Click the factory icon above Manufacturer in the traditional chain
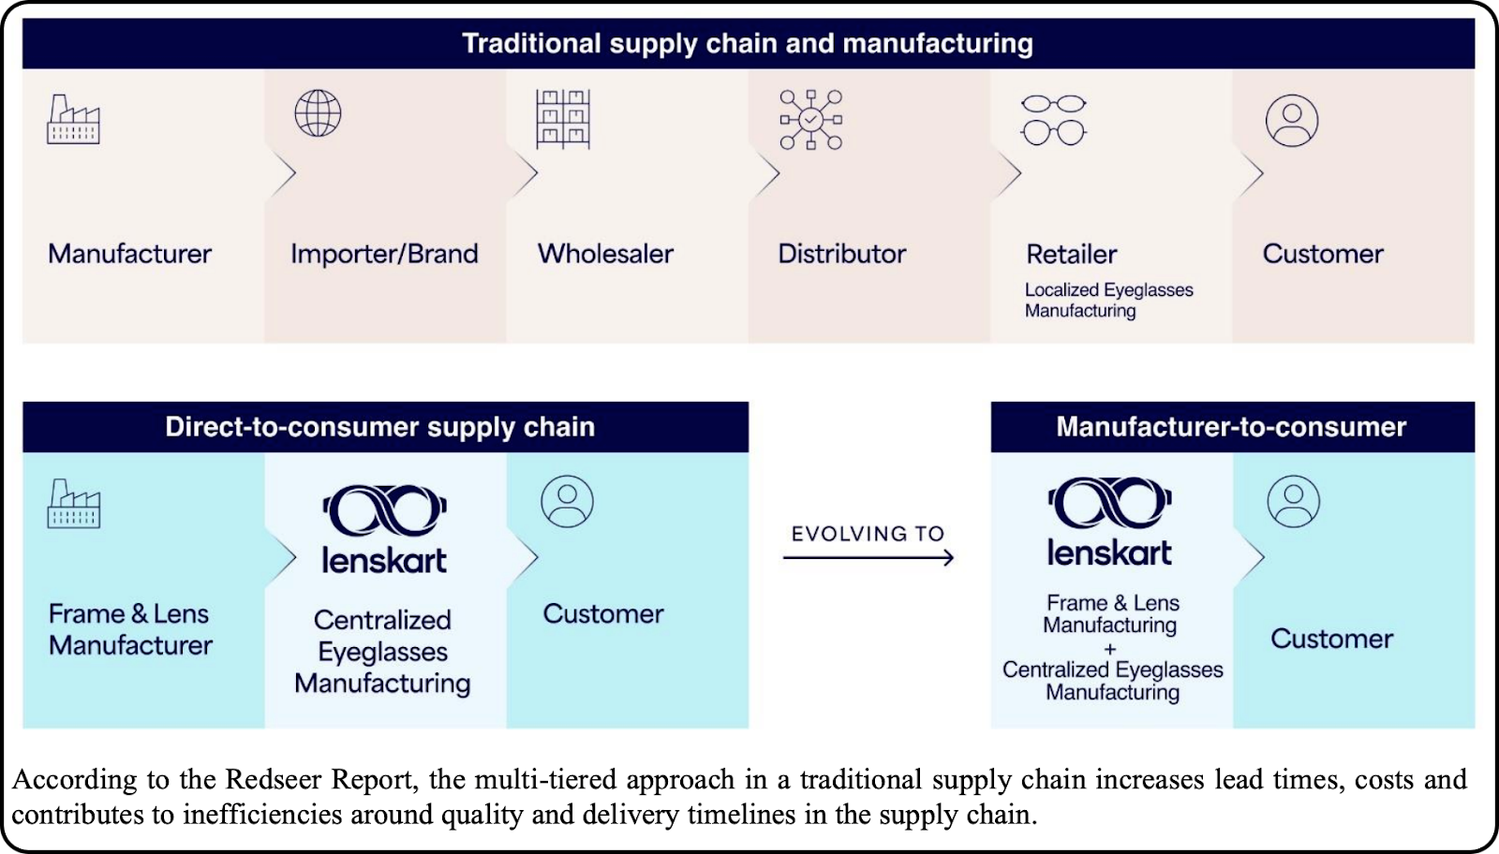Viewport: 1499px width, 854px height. pyautogui.click(x=73, y=119)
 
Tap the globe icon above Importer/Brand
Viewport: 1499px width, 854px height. pyautogui.click(x=318, y=113)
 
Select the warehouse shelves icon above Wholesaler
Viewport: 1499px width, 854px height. pyautogui.click(x=562, y=119)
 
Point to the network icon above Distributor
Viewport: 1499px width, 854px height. pyautogui.click(x=811, y=120)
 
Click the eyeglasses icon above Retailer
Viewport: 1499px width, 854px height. pyautogui.click(x=1054, y=119)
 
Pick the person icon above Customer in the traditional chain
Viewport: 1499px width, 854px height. pyautogui.click(x=1292, y=120)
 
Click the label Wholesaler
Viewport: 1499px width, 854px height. pyautogui.click(x=605, y=254)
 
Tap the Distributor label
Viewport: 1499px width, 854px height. pyautogui.click(x=841, y=254)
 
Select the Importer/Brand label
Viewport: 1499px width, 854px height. pyautogui.click(x=384, y=254)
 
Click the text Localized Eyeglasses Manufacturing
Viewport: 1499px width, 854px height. pyautogui.click(x=1108, y=300)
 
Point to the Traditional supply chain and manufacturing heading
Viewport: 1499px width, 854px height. pyautogui.click(x=748, y=44)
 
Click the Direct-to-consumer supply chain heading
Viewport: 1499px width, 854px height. pyautogui.click(x=379, y=427)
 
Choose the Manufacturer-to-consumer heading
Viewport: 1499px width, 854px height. pyautogui.click(x=1231, y=427)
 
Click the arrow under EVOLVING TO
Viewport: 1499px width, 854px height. pyautogui.click(x=868, y=558)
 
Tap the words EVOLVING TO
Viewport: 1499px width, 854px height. pyautogui.click(x=868, y=534)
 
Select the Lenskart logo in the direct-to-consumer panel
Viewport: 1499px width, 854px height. pyautogui.click(x=384, y=528)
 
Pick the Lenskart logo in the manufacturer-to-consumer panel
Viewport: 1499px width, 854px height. pyautogui.click(x=1109, y=522)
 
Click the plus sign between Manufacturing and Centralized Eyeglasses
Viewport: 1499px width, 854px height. pyautogui.click(x=1110, y=648)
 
